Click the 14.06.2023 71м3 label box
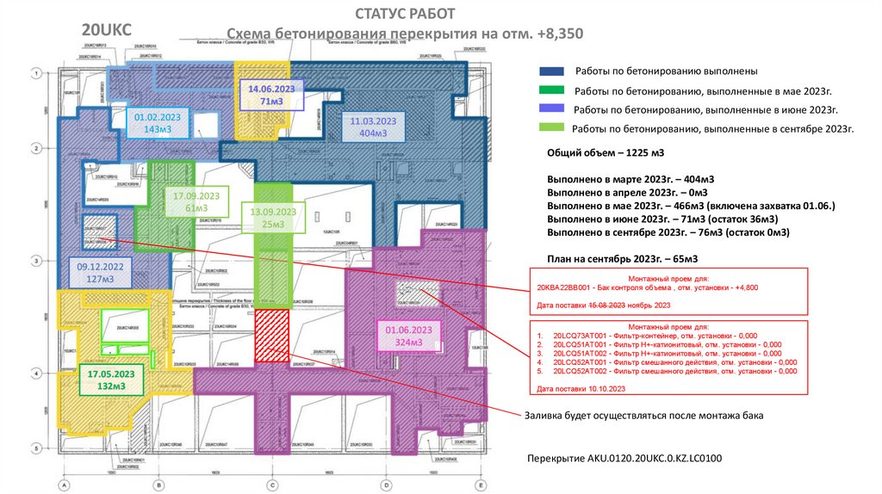(x=271, y=95)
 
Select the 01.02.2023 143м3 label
(x=156, y=122)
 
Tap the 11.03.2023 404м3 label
(x=373, y=127)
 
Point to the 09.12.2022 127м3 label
(x=101, y=273)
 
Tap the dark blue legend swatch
(x=552, y=71)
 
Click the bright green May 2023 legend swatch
(x=552, y=90)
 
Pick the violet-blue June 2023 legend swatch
(x=552, y=109)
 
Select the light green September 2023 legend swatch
(x=552, y=128)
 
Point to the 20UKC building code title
(x=106, y=30)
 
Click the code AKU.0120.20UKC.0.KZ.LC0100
(x=624, y=458)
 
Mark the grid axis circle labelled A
(x=63, y=485)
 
